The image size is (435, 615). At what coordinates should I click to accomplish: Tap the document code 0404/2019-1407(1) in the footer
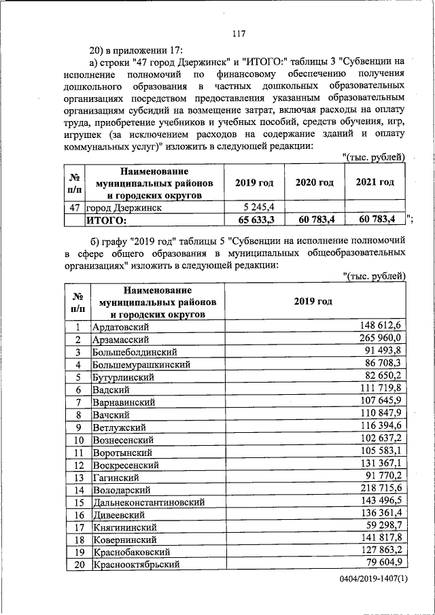pyautogui.click(x=373, y=578)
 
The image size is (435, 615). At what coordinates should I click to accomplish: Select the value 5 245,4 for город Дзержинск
pyautogui.click(x=257, y=207)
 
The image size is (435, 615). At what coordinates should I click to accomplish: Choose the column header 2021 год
pyautogui.click(x=375, y=183)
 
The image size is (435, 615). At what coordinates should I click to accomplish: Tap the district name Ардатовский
pyautogui.click(x=120, y=327)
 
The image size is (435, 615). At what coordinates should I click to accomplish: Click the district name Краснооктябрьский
pyautogui.click(x=136, y=565)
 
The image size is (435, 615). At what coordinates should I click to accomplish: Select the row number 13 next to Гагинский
pyautogui.click(x=78, y=478)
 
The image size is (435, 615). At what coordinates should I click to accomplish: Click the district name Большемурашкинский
pyautogui.click(x=141, y=364)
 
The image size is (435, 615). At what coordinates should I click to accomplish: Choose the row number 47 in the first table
pyautogui.click(x=75, y=207)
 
